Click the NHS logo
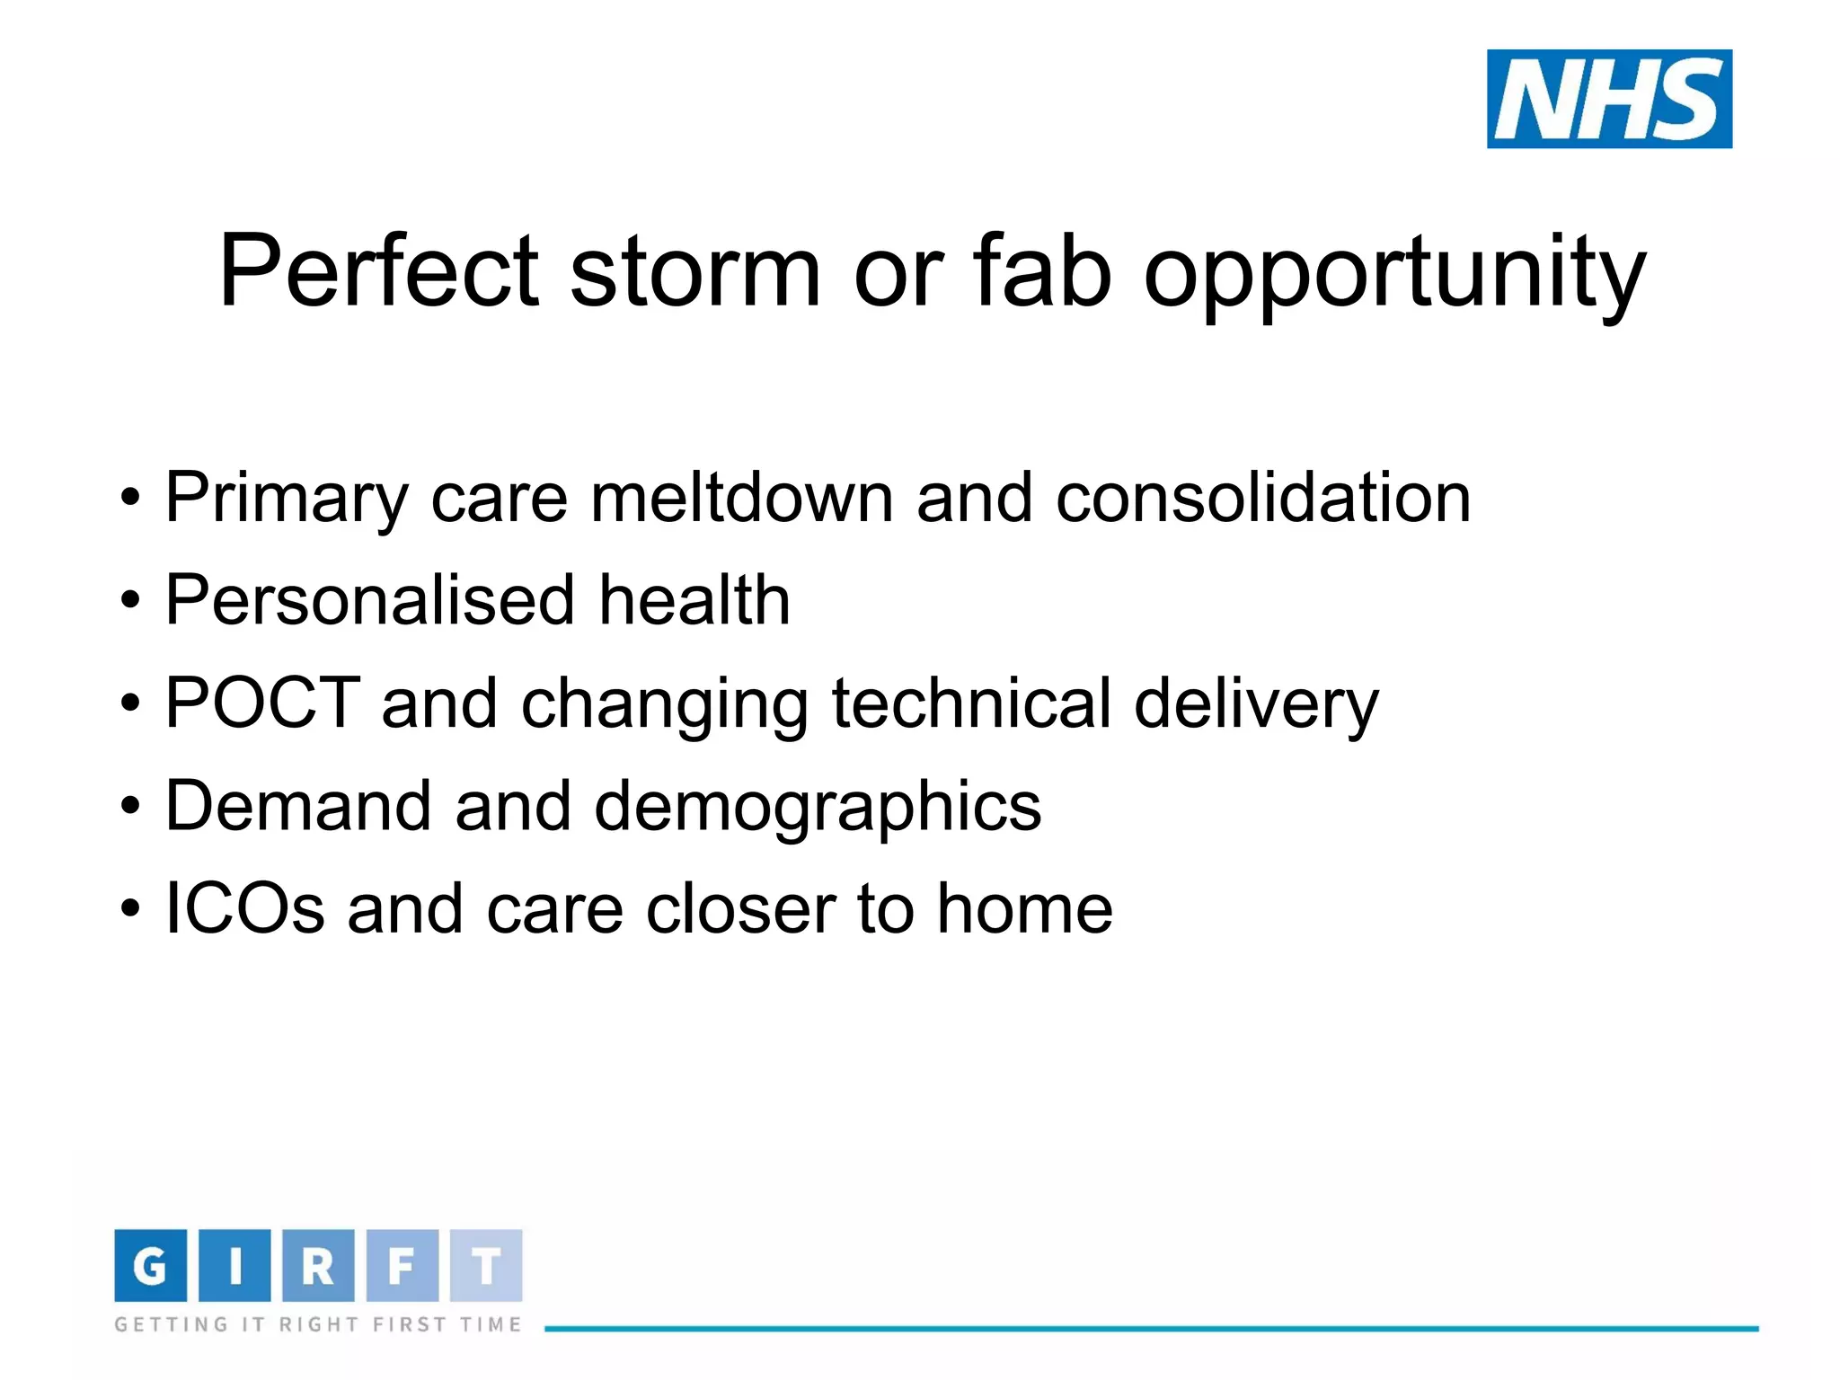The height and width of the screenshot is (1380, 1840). point(1609,99)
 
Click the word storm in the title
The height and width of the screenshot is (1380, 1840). point(695,271)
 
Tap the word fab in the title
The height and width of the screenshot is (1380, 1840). point(1042,271)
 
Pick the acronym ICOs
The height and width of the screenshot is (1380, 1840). point(244,908)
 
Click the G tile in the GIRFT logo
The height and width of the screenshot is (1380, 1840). point(150,1265)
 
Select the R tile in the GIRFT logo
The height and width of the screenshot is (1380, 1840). point(318,1265)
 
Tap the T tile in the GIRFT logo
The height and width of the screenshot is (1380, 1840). point(486,1265)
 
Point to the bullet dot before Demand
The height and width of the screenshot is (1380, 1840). point(131,806)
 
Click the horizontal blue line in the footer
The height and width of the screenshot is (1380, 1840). point(1150,1328)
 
